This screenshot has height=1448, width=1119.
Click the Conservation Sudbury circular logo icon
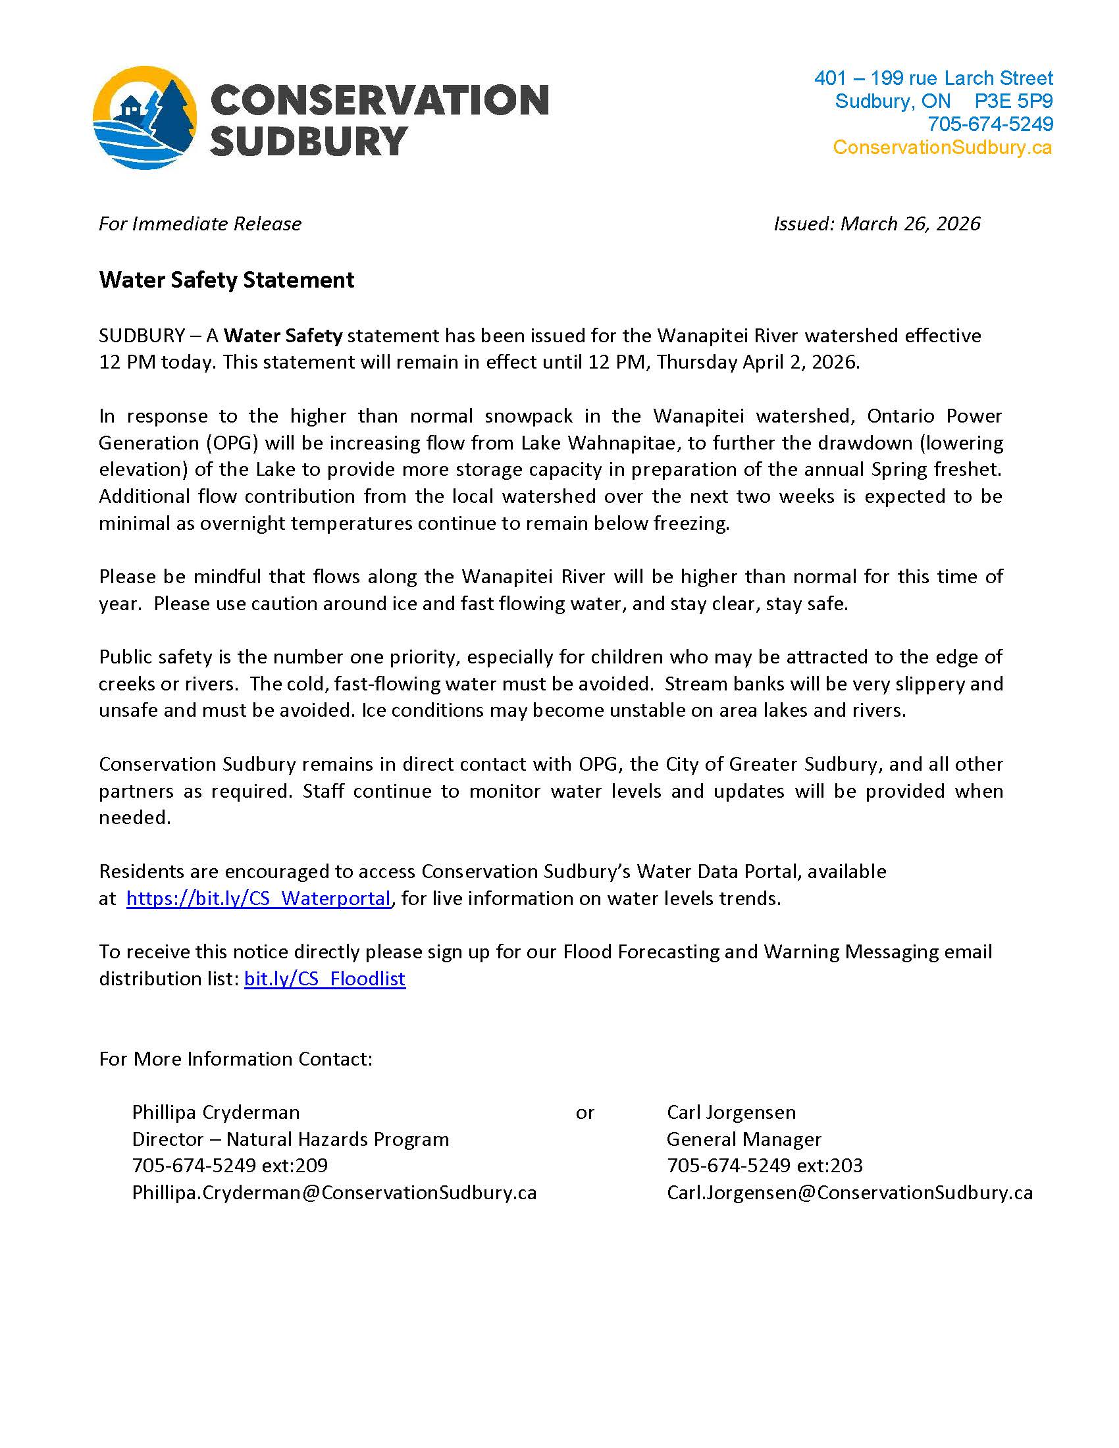[145, 117]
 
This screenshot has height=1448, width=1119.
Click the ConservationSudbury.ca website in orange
[942, 147]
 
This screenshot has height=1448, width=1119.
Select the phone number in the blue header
[990, 124]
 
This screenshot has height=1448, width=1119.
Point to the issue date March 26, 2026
[910, 224]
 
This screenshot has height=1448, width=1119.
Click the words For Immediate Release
[199, 224]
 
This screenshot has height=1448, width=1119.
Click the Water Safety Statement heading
[226, 280]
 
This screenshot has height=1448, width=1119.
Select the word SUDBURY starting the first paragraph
[142, 336]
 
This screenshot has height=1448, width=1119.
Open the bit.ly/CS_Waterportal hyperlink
[259, 898]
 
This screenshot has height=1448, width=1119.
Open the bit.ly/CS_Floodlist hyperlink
[324, 979]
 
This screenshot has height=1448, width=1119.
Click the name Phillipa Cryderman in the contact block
[215, 1112]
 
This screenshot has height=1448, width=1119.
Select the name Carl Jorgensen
[731, 1112]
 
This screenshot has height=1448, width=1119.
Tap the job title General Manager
[743, 1139]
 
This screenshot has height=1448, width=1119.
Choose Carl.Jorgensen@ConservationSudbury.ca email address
[849, 1193]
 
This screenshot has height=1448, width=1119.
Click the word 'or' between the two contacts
[585, 1112]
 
